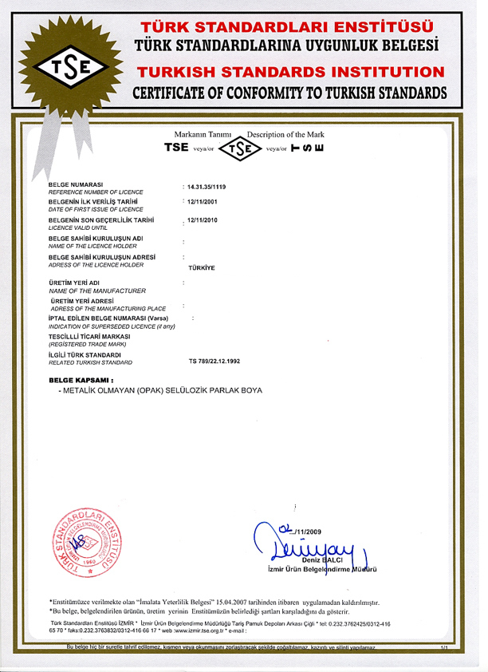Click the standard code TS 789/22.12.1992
click(214, 361)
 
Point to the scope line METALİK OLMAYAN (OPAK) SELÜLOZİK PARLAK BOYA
click(159, 391)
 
